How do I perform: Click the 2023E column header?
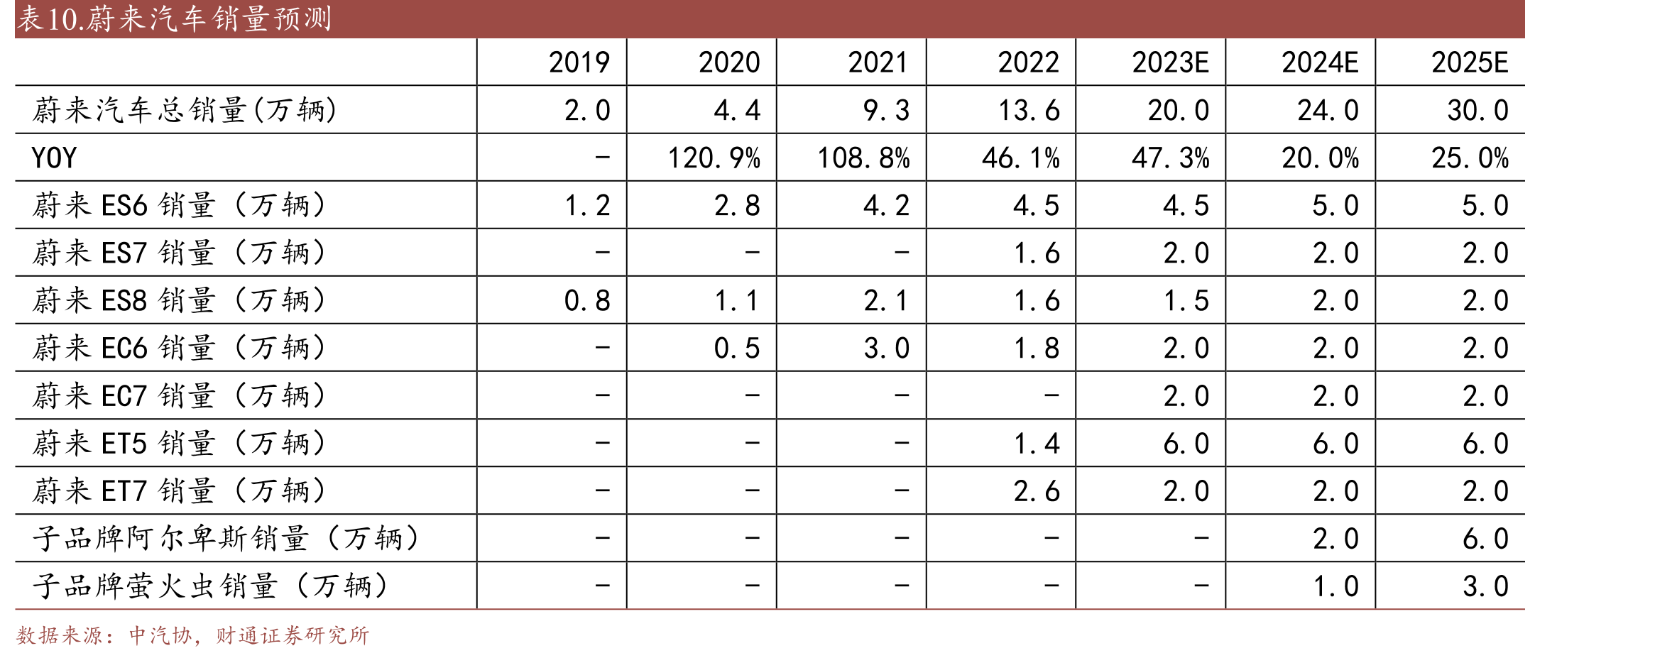coord(1170,62)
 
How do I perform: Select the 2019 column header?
coord(579,62)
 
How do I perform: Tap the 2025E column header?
coord(1470,62)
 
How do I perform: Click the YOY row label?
coord(54,158)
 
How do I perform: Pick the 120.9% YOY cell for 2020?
coord(714,158)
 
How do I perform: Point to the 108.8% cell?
coord(864,158)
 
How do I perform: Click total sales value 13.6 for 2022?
coord(1029,110)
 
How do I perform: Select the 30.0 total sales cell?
coord(1478,110)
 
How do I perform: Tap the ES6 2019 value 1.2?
coord(588,205)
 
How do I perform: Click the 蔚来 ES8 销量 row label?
coord(180,300)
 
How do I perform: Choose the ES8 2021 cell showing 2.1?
coord(887,300)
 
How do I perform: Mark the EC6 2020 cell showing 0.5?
coord(737,348)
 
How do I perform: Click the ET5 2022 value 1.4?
coord(1037,444)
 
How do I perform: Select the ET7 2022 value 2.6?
coord(1037,491)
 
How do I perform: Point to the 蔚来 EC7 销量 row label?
coord(180,395)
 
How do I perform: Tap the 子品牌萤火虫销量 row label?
coord(211,586)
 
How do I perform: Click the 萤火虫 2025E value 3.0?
coord(1485,586)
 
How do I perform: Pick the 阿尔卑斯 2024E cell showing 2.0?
coord(1335,539)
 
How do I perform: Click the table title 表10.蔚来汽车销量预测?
coord(175,18)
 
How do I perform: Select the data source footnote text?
coord(193,635)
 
